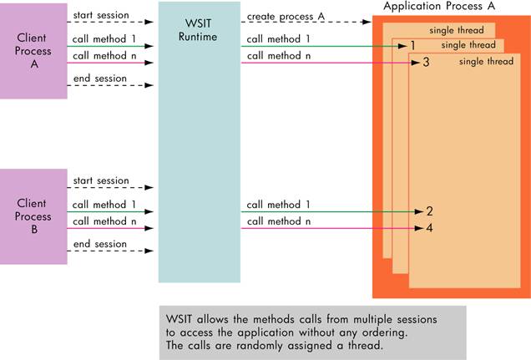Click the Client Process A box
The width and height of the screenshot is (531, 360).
(33, 51)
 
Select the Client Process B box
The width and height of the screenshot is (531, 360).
(33, 216)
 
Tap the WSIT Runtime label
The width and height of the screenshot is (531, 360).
(198, 30)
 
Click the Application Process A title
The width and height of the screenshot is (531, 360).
(439, 6)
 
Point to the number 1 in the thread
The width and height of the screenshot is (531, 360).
(412, 45)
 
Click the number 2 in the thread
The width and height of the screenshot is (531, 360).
(429, 211)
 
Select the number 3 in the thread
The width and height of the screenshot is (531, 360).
(426, 63)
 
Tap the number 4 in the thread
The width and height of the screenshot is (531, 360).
(429, 228)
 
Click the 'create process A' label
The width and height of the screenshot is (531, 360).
(286, 17)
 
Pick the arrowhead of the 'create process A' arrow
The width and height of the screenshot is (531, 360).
(367, 22)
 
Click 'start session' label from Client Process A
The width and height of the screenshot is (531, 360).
(101, 15)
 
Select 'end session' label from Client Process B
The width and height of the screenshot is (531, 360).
(100, 244)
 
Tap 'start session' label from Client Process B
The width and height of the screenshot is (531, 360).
(101, 180)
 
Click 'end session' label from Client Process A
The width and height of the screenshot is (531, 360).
(100, 79)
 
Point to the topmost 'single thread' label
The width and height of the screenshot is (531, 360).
(457, 30)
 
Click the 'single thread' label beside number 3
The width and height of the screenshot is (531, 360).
(486, 61)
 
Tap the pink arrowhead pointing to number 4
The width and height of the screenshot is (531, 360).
(419, 228)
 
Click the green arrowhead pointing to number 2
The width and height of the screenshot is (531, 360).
(419, 211)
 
